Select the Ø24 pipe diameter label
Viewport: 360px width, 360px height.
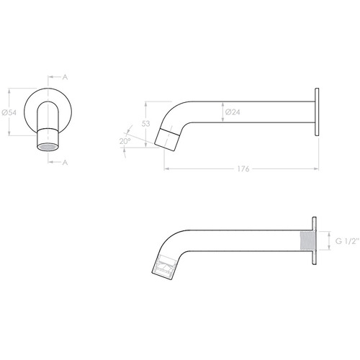tap(233, 112)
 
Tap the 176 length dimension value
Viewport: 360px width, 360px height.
tap(242, 170)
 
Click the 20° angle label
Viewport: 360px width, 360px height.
tap(125, 141)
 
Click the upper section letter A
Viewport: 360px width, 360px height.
tap(66, 75)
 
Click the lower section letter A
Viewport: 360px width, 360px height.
tap(66, 163)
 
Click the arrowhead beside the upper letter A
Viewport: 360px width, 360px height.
tap(51, 75)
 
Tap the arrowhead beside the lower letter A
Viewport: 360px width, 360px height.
tap(51, 163)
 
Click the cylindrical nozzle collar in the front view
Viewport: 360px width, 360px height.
tap(48, 135)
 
